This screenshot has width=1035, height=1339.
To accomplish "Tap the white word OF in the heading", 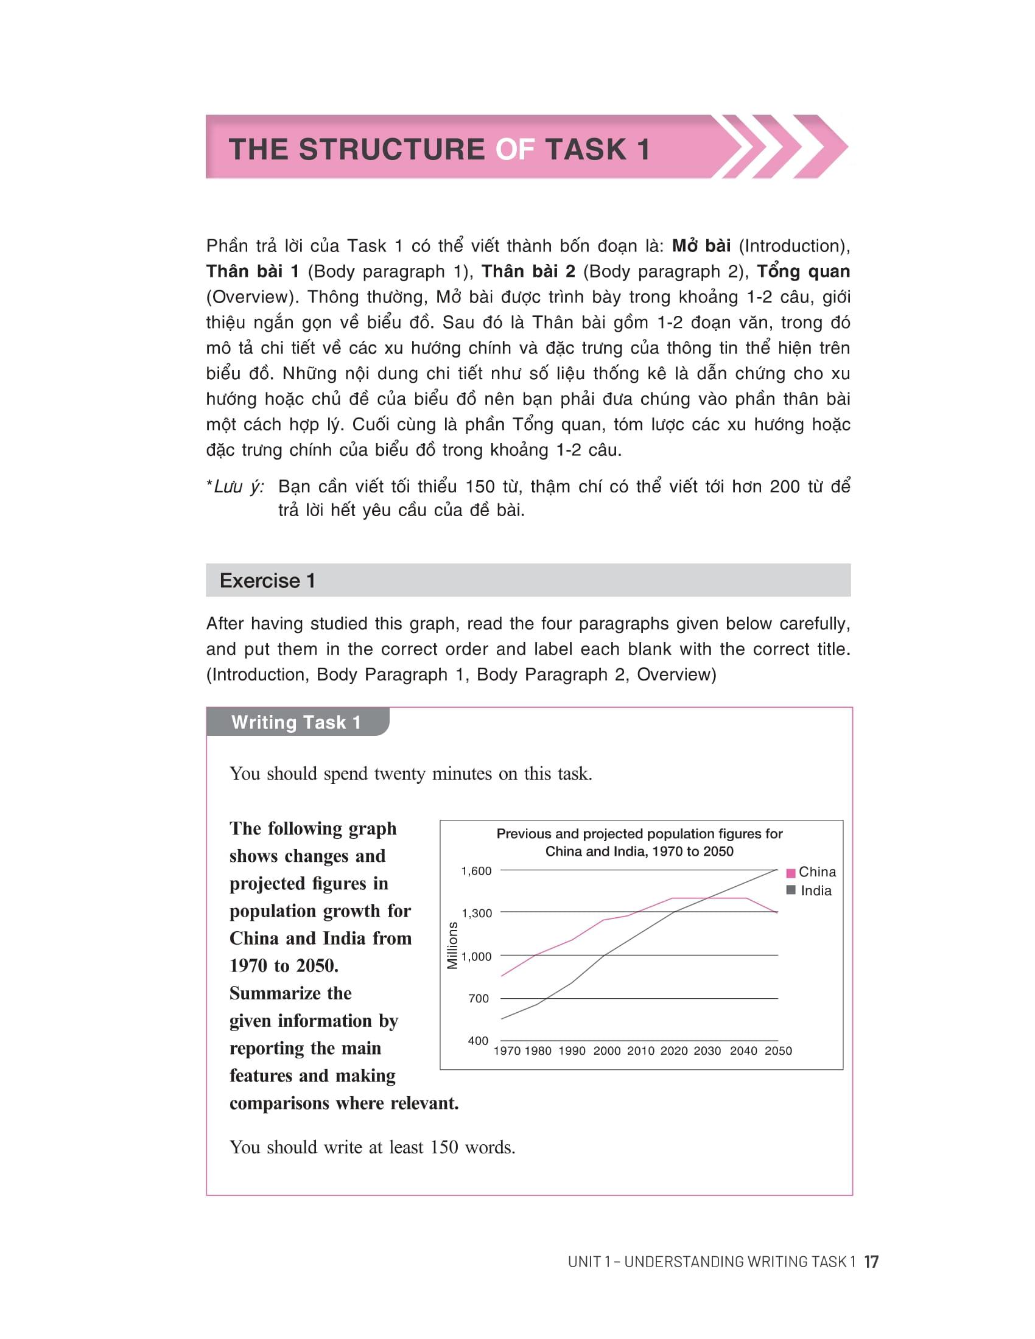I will (x=515, y=150).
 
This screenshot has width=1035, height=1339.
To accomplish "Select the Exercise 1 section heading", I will (x=267, y=581).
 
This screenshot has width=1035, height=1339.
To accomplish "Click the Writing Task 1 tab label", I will (x=296, y=722).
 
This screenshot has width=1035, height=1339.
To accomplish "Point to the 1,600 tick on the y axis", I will (x=477, y=871).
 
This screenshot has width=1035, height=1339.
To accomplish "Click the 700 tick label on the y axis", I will (x=479, y=999).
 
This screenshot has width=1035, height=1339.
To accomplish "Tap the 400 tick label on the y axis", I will (x=479, y=1040).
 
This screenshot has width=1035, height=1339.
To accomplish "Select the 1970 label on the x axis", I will (x=507, y=1051).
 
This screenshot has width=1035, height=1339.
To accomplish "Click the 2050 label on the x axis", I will (x=778, y=1051).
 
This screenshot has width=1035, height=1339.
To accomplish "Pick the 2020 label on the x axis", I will (x=674, y=1051).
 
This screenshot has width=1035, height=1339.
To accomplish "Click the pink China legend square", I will (x=791, y=872).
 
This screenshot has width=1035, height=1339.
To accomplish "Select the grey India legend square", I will (x=791, y=890).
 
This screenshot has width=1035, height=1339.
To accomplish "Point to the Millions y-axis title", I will (x=452, y=945).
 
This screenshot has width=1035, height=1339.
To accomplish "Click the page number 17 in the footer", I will (x=871, y=1262).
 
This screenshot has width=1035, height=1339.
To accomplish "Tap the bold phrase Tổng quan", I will (x=803, y=271).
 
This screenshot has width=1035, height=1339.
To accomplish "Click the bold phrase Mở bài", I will (x=701, y=246).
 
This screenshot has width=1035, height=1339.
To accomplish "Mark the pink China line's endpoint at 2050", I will (x=777, y=913).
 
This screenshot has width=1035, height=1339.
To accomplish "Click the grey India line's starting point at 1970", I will (x=502, y=1019).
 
